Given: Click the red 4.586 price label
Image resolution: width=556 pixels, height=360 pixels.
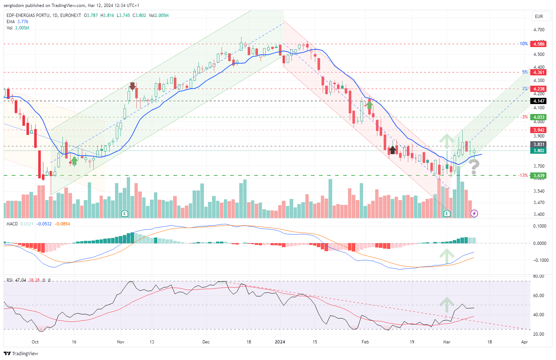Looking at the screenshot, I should [x=539, y=44].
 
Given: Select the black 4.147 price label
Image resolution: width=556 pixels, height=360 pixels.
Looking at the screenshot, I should [x=539, y=101].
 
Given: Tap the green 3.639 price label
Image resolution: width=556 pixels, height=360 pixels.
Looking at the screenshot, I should [x=539, y=176].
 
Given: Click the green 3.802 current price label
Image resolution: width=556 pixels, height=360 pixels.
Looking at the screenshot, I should [x=539, y=151].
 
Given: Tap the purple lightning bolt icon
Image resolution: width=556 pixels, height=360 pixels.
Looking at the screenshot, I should [x=474, y=214].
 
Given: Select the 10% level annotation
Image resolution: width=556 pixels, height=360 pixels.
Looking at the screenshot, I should [x=523, y=44].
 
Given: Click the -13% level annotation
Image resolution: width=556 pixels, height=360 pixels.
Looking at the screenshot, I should [x=523, y=175].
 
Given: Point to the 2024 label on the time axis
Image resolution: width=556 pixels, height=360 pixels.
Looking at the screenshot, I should [x=280, y=342].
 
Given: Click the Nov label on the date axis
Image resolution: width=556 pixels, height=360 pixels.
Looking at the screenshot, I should [x=121, y=342].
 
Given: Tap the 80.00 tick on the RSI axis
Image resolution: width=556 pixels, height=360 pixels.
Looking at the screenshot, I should [x=538, y=276].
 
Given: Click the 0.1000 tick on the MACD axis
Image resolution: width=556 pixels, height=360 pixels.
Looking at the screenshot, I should [x=539, y=226].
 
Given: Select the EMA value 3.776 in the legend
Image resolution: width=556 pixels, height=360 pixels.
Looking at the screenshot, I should [x=23, y=22].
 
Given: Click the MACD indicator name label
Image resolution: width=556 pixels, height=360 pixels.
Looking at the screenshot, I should [x=12, y=224].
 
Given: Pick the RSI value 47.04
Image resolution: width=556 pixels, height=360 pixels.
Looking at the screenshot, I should [x=21, y=280].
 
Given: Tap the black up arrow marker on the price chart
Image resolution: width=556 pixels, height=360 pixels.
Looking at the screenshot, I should [x=392, y=150].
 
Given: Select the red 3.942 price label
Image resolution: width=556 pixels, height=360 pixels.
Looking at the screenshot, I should [x=539, y=130].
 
